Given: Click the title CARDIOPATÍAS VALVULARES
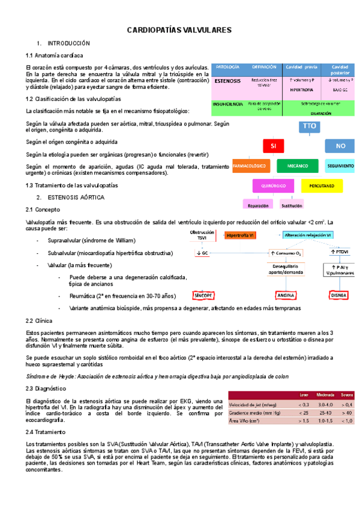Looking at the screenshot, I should point(179,30).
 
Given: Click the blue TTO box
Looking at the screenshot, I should point(309,126).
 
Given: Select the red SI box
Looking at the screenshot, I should point(273,146).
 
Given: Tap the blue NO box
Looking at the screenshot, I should point(340,146).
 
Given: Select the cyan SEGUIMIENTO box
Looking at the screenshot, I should point(341,165).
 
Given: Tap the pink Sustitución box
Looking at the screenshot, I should point(292,205).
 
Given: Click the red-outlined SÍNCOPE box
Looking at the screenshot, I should point(203,295).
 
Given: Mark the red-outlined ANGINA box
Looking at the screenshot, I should point(284,295).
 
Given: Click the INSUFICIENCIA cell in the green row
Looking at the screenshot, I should point(227,104).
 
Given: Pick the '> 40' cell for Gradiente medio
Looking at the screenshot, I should point(347,412).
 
